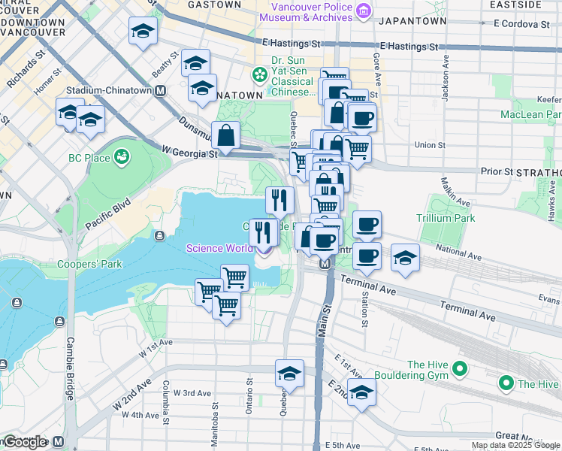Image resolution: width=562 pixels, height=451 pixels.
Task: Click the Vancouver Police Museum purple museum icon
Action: point(364,11)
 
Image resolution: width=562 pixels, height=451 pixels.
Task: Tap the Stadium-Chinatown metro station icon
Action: point(160,90)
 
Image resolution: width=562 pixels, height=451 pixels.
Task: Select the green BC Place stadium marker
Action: point(120,157)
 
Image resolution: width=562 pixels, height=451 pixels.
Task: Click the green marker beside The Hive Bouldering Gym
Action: point(461,368)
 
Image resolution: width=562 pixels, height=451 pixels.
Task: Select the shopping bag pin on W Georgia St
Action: point(225,137)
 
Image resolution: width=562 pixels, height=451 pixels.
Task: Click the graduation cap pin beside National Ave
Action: point(405,259)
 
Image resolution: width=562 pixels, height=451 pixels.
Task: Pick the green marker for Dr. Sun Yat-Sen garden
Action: point(259,74)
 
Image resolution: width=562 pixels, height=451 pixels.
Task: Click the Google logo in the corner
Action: point(25,442)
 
